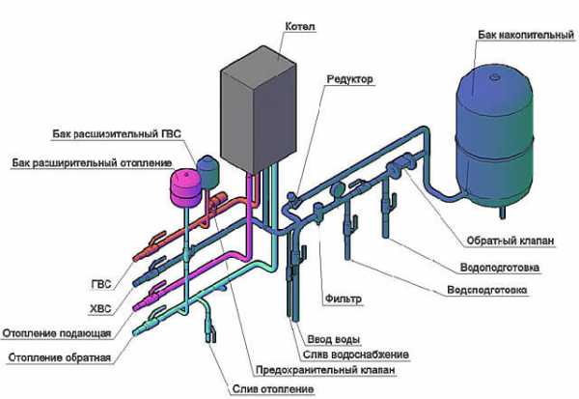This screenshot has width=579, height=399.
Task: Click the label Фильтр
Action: click(x=344, y=299)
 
